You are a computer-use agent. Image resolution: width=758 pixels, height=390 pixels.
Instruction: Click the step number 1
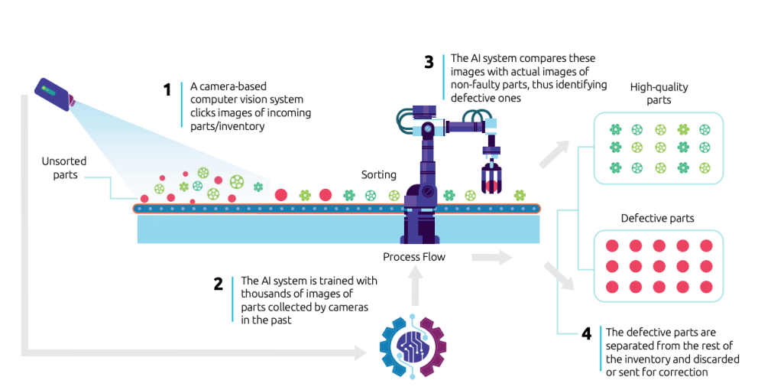tap(167, 90)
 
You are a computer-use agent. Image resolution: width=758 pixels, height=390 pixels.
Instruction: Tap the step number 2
tap(219, 284)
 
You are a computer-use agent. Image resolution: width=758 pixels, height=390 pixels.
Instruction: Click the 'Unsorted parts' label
tap(64, 167)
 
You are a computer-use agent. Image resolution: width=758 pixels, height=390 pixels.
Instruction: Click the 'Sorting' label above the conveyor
tap(378, 175)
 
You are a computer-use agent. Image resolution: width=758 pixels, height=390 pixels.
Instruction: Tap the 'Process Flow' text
tap(413, 257)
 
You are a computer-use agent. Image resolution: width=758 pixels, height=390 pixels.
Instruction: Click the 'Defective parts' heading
tap(657, 218)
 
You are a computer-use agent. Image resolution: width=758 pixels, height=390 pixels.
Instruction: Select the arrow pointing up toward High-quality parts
tap(555, 154)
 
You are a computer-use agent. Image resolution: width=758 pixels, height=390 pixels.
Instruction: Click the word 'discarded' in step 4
tap(714, 359)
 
